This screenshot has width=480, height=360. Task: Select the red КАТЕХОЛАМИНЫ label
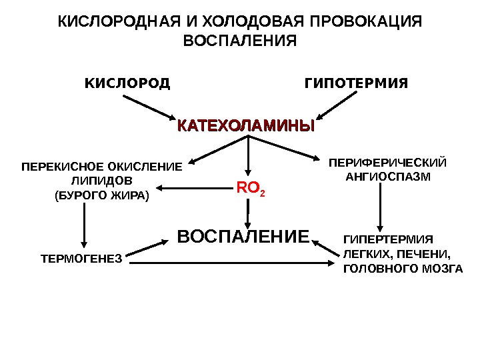(245, 125)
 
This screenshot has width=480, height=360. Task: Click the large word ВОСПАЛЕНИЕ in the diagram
(243, 237)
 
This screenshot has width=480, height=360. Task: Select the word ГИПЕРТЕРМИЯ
(387, 239)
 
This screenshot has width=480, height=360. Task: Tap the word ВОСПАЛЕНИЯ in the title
(239, 41)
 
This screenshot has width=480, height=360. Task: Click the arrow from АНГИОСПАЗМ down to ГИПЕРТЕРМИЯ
(380, 207)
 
